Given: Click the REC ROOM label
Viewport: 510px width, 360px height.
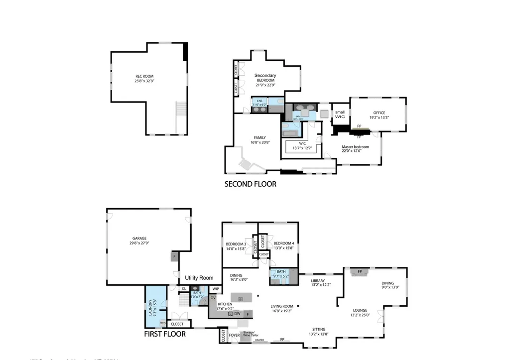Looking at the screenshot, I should click(144, 76).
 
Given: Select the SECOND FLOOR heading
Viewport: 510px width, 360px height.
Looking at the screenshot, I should click(250, 184).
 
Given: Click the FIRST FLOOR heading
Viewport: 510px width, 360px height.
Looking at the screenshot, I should click(165, 334).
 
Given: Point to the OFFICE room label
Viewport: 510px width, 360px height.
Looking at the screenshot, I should click(379, 113).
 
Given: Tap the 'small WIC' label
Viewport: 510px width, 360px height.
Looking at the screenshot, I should click(340, 114).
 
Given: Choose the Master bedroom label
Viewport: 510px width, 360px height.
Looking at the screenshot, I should click(355, 147).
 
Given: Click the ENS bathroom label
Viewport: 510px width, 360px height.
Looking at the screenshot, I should click(259, 101).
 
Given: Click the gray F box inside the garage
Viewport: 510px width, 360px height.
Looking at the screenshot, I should click(174, 257).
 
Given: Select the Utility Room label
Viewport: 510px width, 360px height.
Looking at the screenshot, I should click(199, 278).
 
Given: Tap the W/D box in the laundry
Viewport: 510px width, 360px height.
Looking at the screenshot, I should click(163, 323).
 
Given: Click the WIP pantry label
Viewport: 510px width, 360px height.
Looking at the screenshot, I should click(216, 289).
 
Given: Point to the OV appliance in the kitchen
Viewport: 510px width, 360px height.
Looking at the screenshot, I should click(213, 298).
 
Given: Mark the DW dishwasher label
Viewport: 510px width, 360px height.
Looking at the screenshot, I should click(237, 314).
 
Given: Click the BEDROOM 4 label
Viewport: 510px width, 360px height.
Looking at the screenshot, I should click(283, 243).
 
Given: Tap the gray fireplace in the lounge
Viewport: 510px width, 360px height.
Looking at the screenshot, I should click(360, 272).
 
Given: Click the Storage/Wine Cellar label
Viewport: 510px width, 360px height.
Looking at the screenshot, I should click(249, 334).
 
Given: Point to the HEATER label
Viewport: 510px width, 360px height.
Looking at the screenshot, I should click(259, 341).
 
